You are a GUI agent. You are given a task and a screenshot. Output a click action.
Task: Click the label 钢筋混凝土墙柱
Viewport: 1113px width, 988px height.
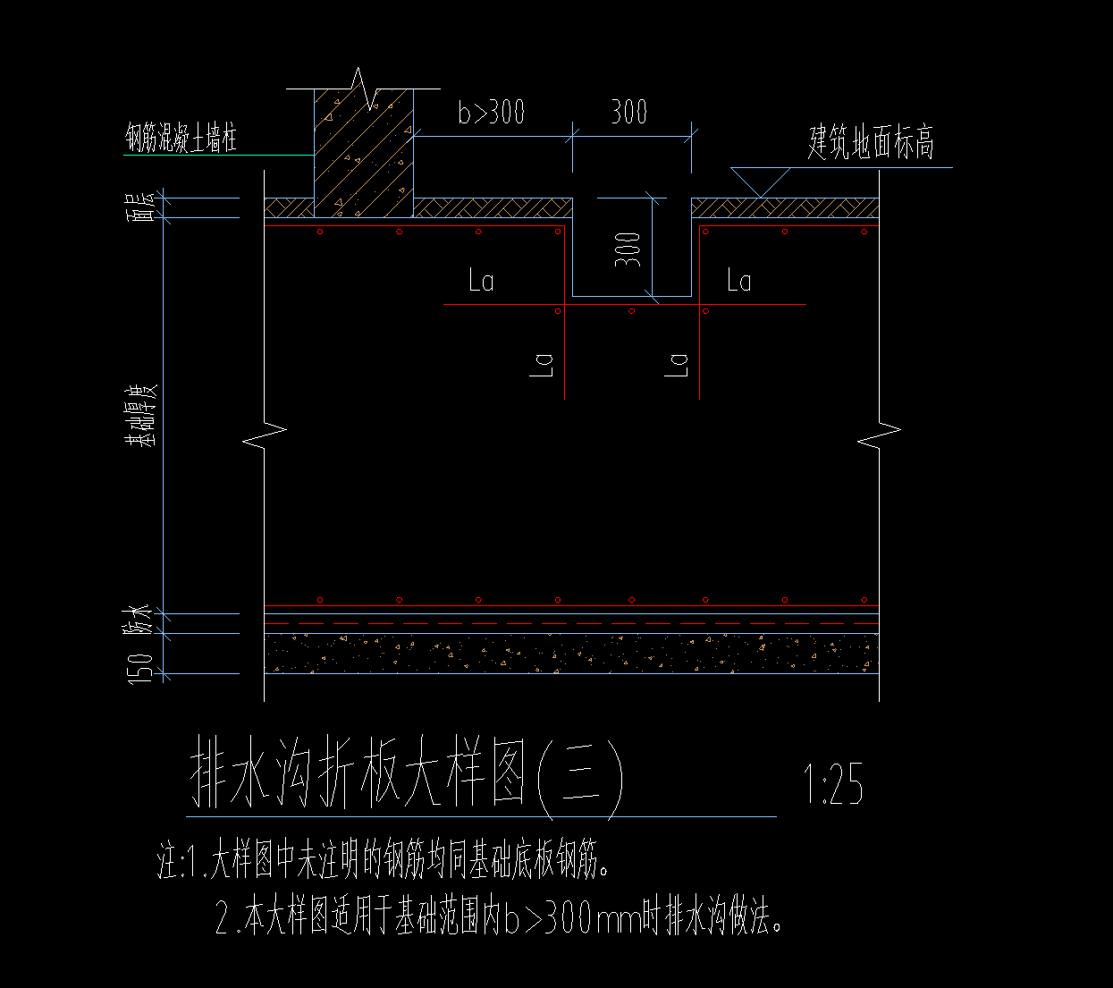point(181,139)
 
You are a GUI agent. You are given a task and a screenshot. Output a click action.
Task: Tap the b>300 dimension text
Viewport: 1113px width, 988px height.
point(491,113)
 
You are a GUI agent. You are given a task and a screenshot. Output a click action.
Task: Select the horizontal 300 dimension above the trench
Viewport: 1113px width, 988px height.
point(628,113)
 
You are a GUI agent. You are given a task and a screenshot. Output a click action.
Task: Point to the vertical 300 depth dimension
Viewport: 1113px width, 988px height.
point(628,249)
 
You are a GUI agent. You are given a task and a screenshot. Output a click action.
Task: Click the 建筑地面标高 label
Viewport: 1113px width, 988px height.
point(871,143)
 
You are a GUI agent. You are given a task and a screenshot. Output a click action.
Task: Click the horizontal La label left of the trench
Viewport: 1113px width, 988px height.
point(481,282)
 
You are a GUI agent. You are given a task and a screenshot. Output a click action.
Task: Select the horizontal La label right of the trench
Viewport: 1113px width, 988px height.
point(738,282)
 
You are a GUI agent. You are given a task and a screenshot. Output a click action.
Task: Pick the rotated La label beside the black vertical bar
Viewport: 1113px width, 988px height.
point(543,364)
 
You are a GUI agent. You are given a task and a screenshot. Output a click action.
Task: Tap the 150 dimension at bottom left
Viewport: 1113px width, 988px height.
point(141,669)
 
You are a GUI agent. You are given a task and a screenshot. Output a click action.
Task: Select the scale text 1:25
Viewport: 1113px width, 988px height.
point(833,785)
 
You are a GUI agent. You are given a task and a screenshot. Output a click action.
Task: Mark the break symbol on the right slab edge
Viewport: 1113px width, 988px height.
point(879,435)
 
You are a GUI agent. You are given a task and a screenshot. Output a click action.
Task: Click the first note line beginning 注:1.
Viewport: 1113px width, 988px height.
point(385,863)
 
